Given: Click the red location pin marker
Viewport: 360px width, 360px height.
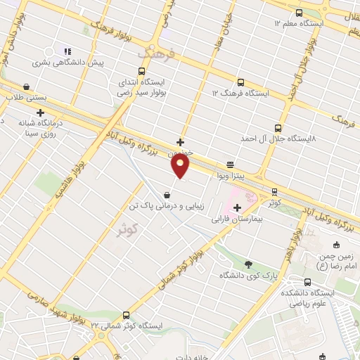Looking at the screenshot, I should (181, 165).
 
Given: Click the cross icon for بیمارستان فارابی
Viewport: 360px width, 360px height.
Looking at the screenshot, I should (237, 207).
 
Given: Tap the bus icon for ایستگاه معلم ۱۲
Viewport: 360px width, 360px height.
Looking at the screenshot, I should (300, 12).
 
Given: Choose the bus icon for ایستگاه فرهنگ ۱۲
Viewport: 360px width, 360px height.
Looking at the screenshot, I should (240, 82).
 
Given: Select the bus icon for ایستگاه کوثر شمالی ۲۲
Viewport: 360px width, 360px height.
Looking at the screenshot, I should (126, 315).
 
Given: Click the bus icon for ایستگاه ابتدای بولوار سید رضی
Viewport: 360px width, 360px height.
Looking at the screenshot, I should (142, 71).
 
